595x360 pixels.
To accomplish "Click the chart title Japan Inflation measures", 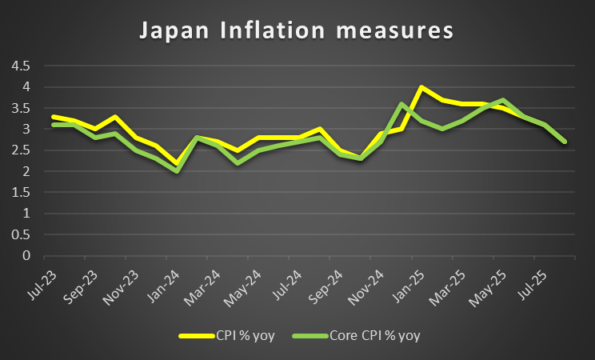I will pos(297,32).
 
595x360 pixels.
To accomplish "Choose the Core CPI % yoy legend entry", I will pos(375,335).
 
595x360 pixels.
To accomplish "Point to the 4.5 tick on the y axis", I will pos(19,66).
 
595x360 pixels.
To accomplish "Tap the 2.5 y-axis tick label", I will pos(19,150).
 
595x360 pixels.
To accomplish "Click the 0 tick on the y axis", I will pos(25,256).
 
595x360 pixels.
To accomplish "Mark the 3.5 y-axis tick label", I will pos(19,108).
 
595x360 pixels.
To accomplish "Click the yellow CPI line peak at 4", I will pos(421,87).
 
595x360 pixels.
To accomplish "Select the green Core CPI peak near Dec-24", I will pos(401,104).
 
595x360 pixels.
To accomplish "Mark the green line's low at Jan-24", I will pos(178,171).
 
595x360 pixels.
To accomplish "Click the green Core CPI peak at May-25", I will pos(503,100).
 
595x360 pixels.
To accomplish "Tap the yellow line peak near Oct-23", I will pos(116,117).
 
